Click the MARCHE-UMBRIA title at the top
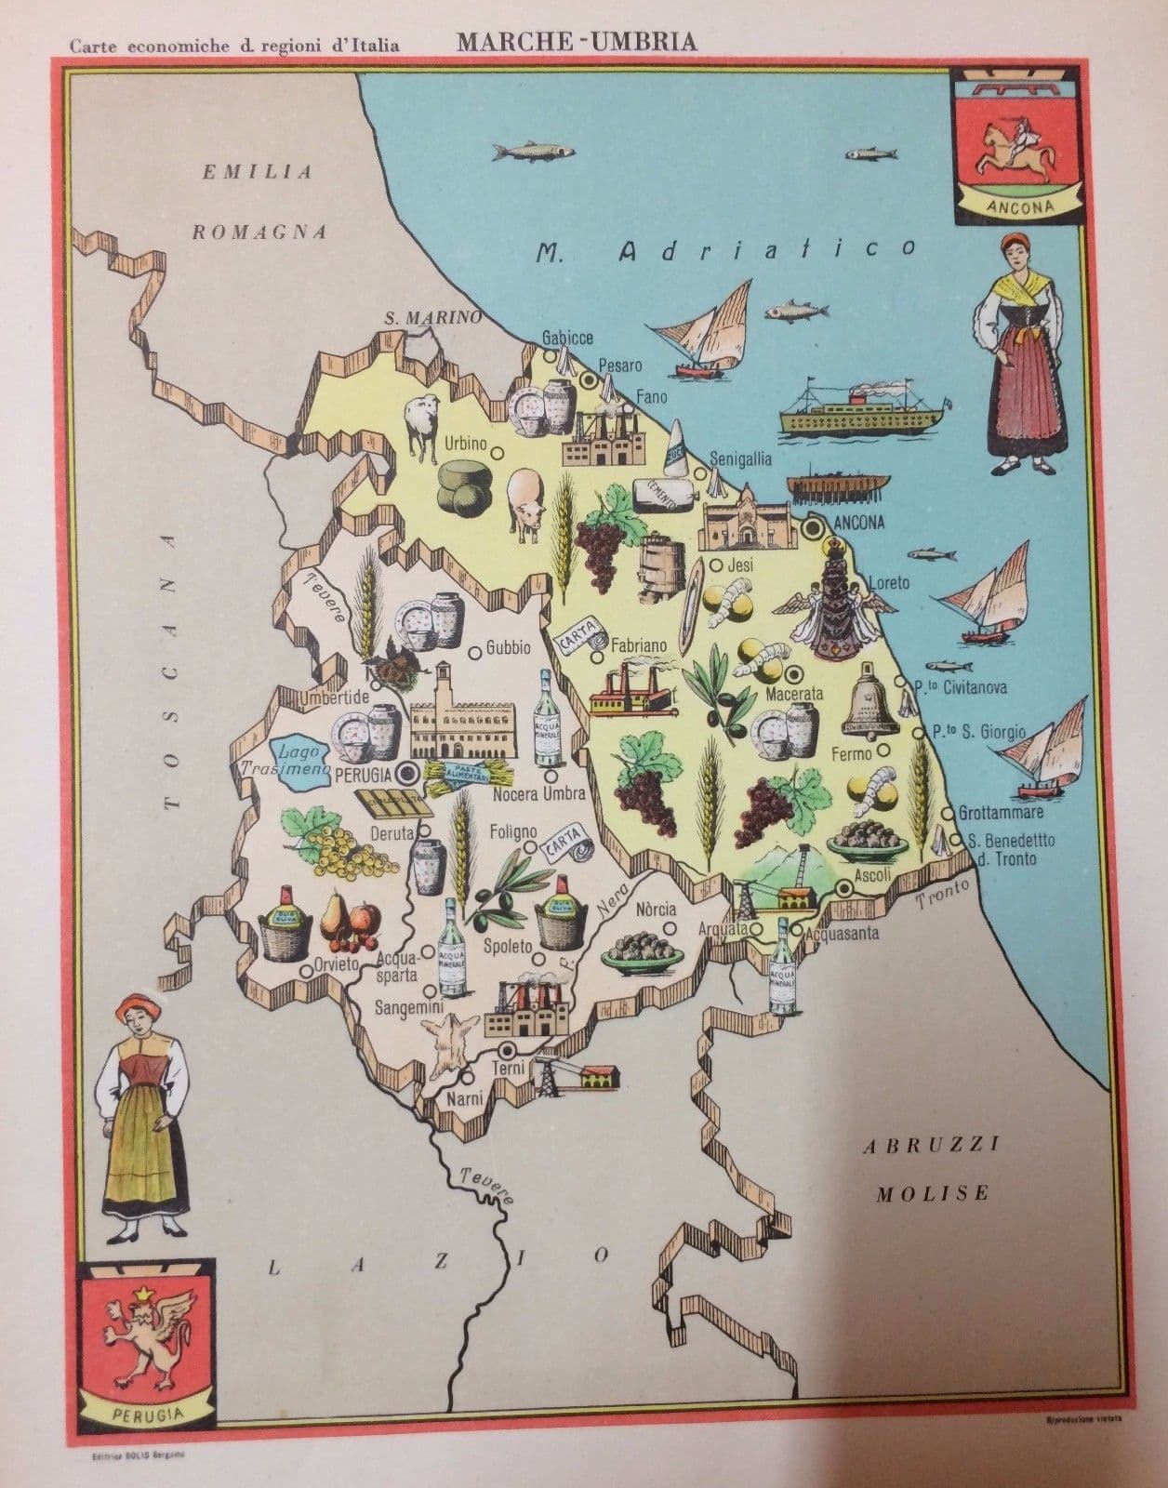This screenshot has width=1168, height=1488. (x=576, y=42)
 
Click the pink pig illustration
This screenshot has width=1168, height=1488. (x=526, y=502)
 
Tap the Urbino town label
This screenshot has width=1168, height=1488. (x=466, y=445)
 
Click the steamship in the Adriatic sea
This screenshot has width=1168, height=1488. (x=861, y=409)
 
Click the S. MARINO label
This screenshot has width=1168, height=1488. (x=434, y=317)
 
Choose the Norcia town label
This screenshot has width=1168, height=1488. (x=656, y=909)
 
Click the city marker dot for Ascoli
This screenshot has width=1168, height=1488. (x=844, y=889)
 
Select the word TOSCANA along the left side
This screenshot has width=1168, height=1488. (x=170, y=670)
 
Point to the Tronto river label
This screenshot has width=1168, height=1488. (x=943, y=895)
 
